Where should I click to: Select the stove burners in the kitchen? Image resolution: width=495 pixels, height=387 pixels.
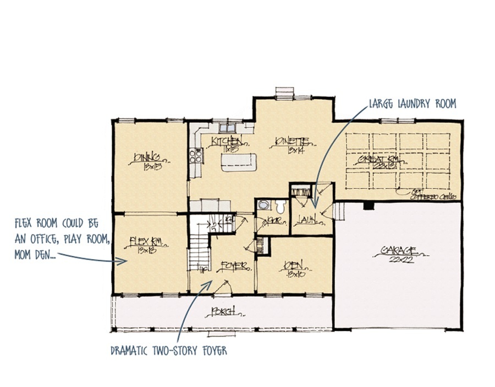click(x=195, y=155)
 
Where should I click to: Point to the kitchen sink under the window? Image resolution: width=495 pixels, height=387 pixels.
click(x=226, y=129)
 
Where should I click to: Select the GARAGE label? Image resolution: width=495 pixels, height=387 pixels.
click(x=398, y=251)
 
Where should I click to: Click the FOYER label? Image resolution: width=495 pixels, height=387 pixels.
click(x=231, y=266)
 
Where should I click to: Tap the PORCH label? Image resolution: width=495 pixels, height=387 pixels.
click(x=223, y=312)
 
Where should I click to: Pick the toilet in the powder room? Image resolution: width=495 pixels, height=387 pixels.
click(x=281, y=207)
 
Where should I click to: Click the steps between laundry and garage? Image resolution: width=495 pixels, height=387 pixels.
click(x=339, y=210)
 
